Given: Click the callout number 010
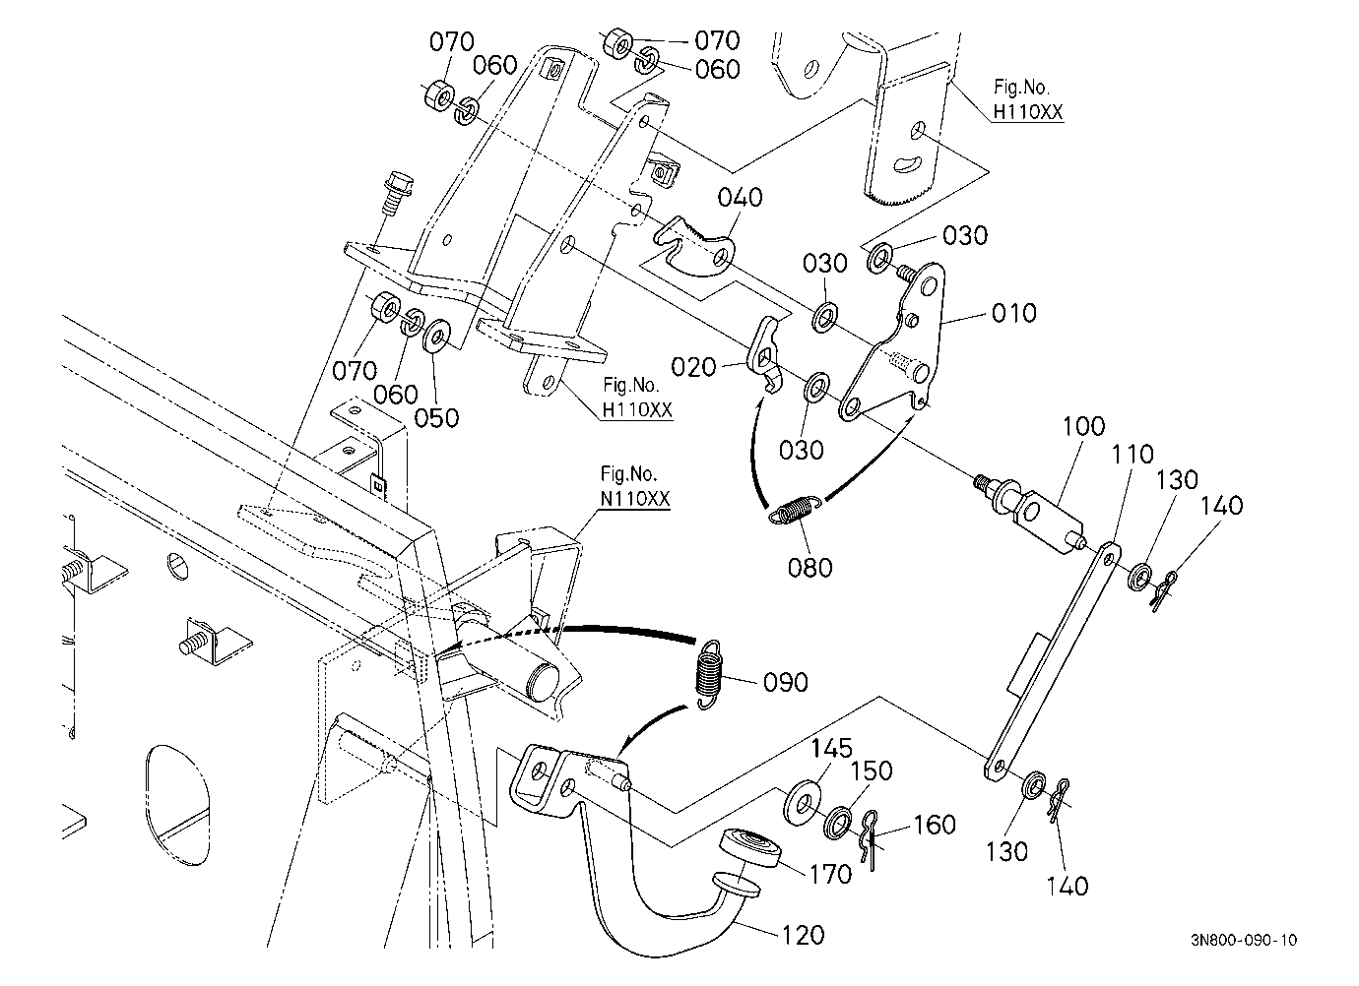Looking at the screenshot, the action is (1013, 314).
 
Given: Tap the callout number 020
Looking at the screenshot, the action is (693, 367).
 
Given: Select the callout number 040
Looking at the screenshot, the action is (740, 197).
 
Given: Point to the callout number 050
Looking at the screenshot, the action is (436, 418).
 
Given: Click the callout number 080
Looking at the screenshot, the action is (809, 568).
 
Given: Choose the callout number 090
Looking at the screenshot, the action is (786, 682).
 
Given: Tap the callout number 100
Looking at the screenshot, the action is (1083, 426).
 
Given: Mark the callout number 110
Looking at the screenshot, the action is (1132, 454).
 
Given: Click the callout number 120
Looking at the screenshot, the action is (803, 935).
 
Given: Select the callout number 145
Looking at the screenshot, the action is (831, 748).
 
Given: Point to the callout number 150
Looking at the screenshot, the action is (872, 770).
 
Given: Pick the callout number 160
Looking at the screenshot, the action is (935, 824).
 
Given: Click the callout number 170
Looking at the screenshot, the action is (830, 874).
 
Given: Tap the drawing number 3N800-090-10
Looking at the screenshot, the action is (1244, 940).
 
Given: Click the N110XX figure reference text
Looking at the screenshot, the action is (634, 499).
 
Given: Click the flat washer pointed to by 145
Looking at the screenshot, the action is (802, 804).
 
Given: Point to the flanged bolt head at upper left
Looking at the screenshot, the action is (399, 182).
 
